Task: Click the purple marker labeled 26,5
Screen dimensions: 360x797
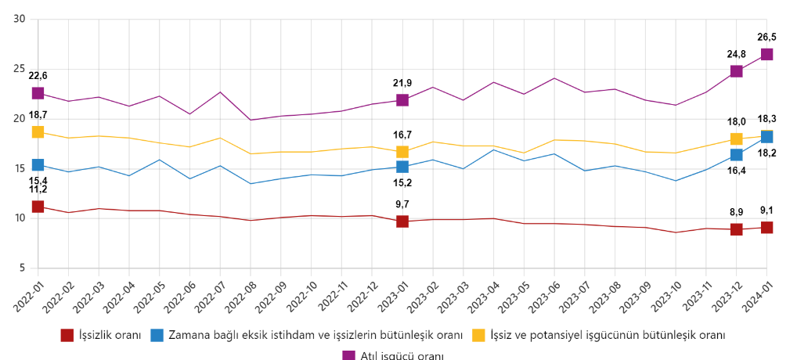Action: pos(766,54)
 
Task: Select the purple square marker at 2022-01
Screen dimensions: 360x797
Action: pos(38,93)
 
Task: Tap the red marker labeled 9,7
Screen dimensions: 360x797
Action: pos(402,221)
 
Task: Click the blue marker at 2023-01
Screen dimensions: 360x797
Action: pos(402,167)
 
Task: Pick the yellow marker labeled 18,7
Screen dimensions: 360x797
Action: pos(38,131)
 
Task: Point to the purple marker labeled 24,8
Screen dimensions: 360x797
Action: pos(737,71)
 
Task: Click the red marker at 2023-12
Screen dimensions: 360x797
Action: pos(737,229)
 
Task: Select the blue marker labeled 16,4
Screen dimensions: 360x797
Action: pos(737,155)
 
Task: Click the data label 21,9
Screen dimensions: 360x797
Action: pos(402,83)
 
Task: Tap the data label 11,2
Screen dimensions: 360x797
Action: pos(38,189)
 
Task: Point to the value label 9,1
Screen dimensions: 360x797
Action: pos(766,210)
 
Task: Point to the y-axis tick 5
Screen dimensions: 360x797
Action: pos(22,268)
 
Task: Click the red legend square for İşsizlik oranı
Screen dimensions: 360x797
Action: pos(67,335)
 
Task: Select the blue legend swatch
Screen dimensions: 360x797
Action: pos(157,335)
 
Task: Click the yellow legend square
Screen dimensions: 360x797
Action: pos(478,335)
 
